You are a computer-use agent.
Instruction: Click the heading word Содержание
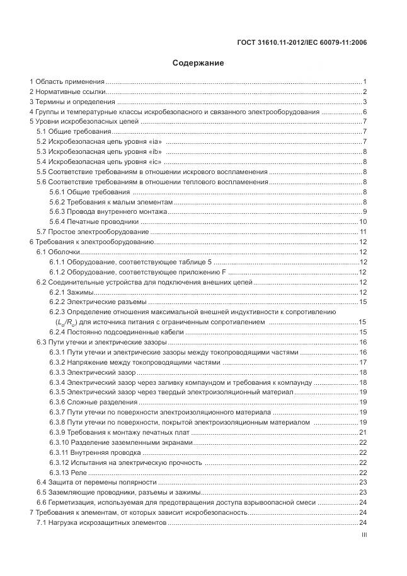[x=198, y=63]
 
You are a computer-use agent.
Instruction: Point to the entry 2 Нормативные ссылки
[x=67, y=92]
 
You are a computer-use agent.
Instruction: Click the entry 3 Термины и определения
[x=71, y=102]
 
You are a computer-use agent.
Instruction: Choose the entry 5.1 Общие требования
[x=74, y=132]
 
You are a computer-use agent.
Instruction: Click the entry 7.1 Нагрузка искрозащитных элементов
[x=101, y=522]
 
